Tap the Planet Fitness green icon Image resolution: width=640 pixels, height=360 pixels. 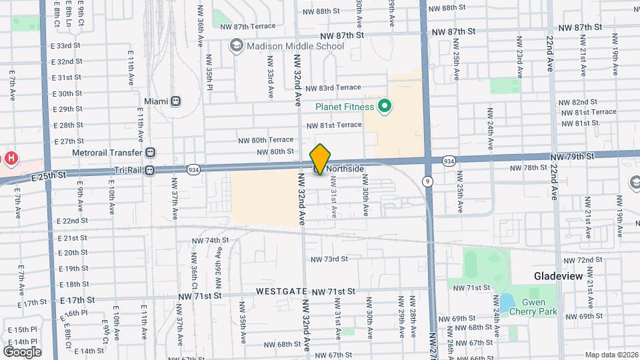pos(384,105)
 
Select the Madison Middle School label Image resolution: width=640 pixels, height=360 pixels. pos(295,46)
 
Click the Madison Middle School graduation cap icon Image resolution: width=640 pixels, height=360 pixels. pos(235,45)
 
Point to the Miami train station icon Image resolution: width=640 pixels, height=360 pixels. pos(175,101)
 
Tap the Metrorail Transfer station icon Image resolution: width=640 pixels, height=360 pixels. pos(150,153)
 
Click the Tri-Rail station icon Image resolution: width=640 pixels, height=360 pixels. pos(150,169)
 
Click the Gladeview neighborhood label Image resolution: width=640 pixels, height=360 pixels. pos(559,276)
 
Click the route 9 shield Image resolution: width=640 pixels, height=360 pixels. pos(427,181)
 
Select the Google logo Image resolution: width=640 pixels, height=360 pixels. pos(22,351)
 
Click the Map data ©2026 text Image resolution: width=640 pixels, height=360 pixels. pos(611,355)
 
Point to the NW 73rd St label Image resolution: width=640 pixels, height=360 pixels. pos(329,259)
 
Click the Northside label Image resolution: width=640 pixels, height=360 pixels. pos(344,169)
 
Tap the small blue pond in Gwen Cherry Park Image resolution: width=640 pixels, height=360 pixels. pos(507,303)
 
